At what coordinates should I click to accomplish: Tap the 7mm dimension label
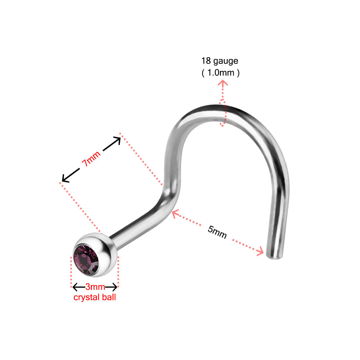pos(91,158)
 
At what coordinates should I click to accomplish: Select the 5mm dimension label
pos(217,232)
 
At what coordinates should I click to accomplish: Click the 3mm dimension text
pos(95,287)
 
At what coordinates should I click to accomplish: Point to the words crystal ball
pos(95,297)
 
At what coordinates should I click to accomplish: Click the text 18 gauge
pos(220,61)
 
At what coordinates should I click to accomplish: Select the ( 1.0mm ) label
pos(220,73)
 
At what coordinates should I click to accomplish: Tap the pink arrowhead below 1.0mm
pos(223,83)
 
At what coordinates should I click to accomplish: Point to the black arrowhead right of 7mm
pos(117,140)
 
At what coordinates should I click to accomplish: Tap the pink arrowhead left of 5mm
pos(175,213)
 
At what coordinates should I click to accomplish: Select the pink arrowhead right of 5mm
pos(260,251)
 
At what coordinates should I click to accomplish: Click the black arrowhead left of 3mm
pos(75,287)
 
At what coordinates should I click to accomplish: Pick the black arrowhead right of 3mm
pos(114,287)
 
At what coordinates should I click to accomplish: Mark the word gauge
pos(226,61)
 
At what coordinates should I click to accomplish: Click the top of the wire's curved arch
pos(215,110)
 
